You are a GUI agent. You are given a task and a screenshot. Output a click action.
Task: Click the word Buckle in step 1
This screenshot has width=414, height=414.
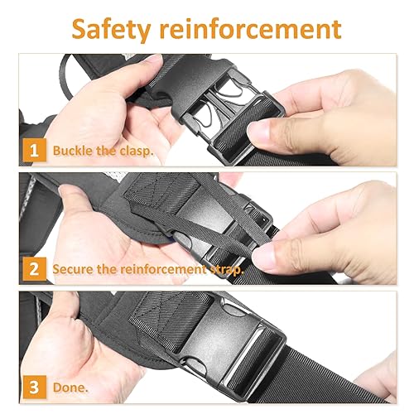(72, 152)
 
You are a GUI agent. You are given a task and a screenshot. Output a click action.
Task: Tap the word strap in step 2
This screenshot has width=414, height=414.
(224, 269)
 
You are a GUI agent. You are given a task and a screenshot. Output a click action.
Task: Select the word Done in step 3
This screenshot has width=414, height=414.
(70, 386)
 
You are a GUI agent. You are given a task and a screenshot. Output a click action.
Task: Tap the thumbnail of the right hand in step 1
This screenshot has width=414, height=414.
(263, 132)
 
